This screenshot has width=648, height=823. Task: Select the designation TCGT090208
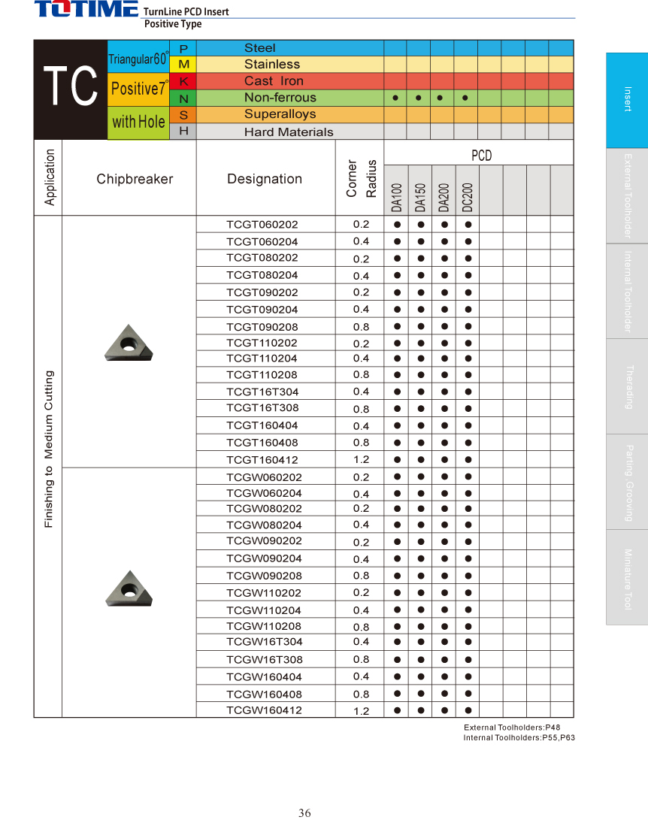click(x=262, y=327)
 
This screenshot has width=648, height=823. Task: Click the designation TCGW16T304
click(x=265, y=642)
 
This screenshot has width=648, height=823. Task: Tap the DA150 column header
click(x=420, y=197)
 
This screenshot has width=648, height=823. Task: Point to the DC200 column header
click(x=467, y=197)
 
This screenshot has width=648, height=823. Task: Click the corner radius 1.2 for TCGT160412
click(x=361, y=460)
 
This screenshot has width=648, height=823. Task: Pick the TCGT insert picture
click(x=129, y=343)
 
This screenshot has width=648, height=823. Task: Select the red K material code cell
click(x=183, y=81)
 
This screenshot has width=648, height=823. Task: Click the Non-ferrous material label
click(x=280, y=98)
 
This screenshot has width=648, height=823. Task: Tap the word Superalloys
click(x=280, y=114)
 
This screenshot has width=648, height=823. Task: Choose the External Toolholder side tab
click(x=627, y=196)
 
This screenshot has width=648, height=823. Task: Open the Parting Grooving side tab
click(x=627, y=483)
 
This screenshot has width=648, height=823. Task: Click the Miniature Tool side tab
click(x=627, y=577)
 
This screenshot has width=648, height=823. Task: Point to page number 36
click(x=304, y=813)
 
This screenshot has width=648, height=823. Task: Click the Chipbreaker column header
click(x=135, y=179)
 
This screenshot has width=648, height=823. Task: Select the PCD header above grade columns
click(x=481, y=156)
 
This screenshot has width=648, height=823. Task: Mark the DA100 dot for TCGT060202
click(x=396, y=225)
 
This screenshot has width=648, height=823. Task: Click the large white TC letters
click(x=71, y=87)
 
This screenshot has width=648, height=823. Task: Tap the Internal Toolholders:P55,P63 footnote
click(x=519, y=738)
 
